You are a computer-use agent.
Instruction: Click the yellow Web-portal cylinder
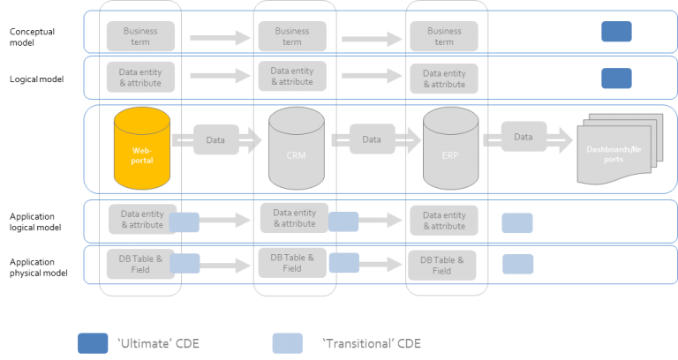pyautogui.click(x=141, y=150)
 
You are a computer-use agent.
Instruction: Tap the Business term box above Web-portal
pyautogui.click(x=140, y=36)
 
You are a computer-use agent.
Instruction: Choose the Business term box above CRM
pyautogui.click(x=291, y=36)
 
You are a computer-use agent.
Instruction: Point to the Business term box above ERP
pyautogui.click(x=444, y=36)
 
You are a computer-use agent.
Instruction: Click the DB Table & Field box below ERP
pyautogui.click(x=441, y=265)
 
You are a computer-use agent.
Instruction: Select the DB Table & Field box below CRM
pyautogui.click(x=291, y=262)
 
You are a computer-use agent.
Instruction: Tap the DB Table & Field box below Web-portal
pyautogui.click(x=137, y=263)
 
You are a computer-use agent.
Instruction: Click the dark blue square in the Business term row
pyautogui.click(x=616, y=32)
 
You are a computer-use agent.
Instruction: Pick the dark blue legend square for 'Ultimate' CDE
pyautogui.click(x=93, y=342)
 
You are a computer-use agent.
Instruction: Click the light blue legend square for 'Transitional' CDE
pyautogui.click(x=287, y=342)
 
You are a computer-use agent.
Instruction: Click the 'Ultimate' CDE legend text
pyautogui.click(x=158, y=343)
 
